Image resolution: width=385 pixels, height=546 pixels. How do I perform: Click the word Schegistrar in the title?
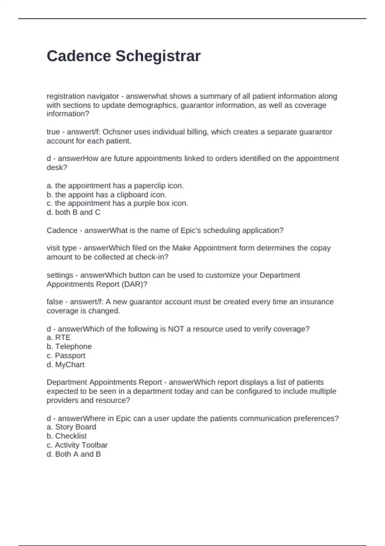click(x=158, y=56)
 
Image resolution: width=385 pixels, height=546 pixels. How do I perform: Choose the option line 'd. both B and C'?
click(x=73, y=212)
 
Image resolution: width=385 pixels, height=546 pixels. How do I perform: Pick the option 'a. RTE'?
click(x=59, y=338)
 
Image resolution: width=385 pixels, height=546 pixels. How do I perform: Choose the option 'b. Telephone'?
click(x=69, y=347)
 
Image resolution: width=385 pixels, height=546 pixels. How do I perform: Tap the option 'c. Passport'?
click(x=66, y=356)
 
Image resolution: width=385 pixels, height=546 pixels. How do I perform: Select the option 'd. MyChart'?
click(x=65, y=365)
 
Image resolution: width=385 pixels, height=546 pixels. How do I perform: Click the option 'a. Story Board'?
click(x=71, y=427)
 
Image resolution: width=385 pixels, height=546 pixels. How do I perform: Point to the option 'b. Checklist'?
click(x=67, y=436)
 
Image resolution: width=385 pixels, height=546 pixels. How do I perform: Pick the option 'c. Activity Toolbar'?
click(x=77, y=445)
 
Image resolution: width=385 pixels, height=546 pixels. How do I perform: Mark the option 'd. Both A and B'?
click(x=73, y=454)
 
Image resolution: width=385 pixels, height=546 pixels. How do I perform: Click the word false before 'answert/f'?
click(x=55, y=302)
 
